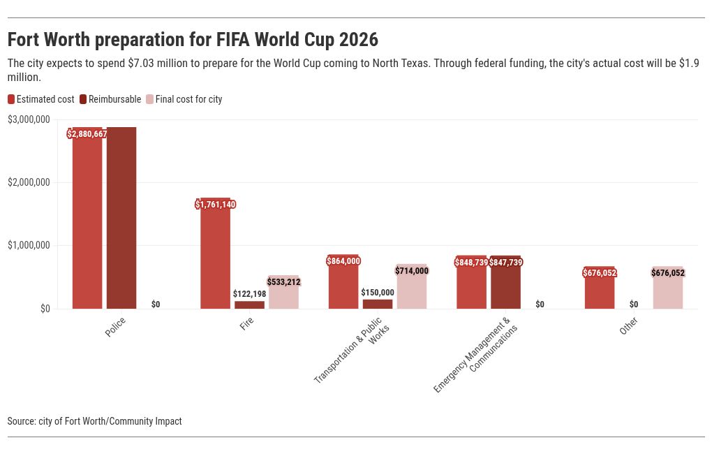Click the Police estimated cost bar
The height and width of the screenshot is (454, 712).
point(87,224)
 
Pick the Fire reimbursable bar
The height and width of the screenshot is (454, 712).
point(249,305)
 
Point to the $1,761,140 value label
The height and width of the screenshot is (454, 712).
point(216,205)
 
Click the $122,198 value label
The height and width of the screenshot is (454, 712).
point(249,294)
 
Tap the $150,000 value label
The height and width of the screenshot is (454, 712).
point(378,293)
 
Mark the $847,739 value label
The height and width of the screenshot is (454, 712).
point(506,263)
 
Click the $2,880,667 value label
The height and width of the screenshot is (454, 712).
point(87,134)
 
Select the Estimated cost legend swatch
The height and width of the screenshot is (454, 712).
point(11,99)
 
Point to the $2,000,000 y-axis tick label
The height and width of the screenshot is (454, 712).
point(29,182)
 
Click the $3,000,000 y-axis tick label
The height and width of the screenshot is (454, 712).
point(29,119)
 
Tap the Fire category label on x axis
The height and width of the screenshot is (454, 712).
point(246,324)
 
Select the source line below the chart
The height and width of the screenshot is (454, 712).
point(94,421)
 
